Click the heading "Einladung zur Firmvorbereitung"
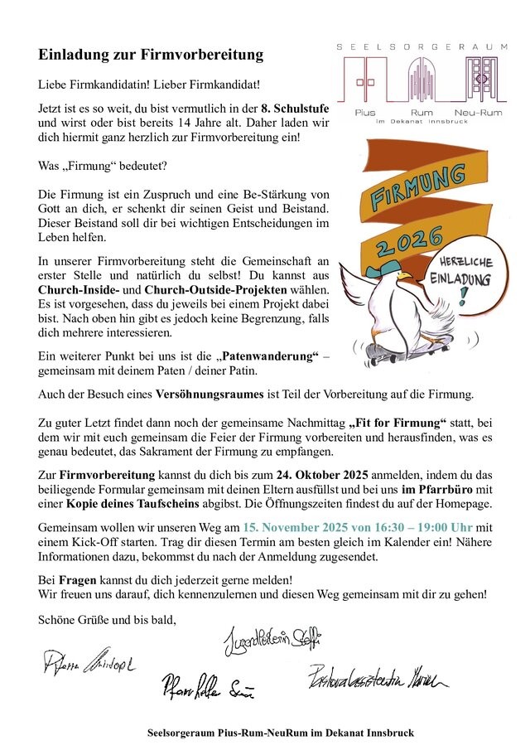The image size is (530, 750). (x=151, y=56)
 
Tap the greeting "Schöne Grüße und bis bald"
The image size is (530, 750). (x=107, y=618)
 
